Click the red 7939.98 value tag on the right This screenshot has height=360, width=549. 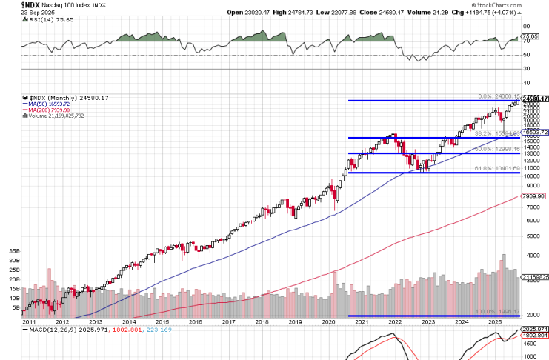point(533,196)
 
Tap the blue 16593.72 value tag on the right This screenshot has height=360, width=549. point(535,132)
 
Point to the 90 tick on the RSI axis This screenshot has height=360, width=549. point(527,26)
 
